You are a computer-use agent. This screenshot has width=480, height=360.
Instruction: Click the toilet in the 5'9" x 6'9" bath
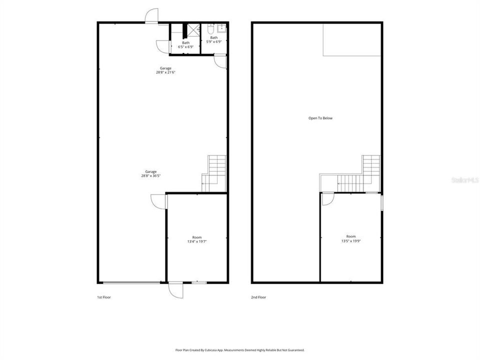click(x=211, y=28)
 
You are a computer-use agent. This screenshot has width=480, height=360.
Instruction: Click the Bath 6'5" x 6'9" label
click(x=185, y=44)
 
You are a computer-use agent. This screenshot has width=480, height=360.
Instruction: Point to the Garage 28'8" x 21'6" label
click(x=165, y=70)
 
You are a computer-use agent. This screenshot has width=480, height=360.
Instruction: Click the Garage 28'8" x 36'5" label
click(x=151, y=173)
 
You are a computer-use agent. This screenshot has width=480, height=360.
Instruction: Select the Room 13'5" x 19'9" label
click(x=351, y=238)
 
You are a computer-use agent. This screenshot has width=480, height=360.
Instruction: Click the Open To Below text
click(x=320, y=118)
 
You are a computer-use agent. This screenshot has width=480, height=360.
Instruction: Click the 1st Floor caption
click(x=104, y=297)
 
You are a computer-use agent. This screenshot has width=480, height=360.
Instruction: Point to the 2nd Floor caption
click(x=258, y=297)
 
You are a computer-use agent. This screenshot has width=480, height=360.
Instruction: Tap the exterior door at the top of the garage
click(x=151, y=16)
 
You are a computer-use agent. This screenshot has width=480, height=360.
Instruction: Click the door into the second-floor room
click(x=326, y=199)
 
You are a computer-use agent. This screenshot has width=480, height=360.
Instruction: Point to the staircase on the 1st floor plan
click(x=215, y=172)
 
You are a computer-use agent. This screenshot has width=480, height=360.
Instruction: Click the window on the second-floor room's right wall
click(x=382, y=203)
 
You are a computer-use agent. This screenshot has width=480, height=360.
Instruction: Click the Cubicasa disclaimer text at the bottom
click(x=239, y=350)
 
